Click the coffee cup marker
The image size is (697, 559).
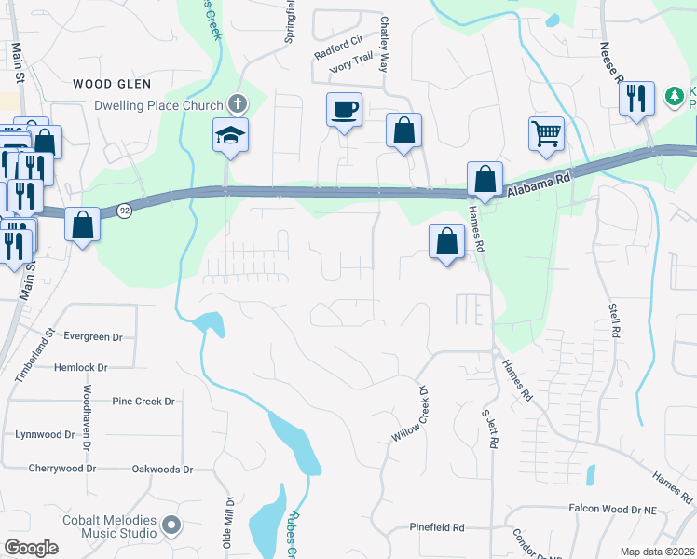point(343,111)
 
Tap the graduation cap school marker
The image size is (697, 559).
point(229,136)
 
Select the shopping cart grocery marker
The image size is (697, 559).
point(546,133)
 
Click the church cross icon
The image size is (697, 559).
point(238,104)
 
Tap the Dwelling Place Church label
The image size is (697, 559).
point(158,105)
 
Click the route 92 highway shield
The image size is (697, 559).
point(124,211)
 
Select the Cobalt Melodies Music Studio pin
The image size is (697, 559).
point(171,526)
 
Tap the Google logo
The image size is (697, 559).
point(31,547)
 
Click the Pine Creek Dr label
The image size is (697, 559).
point(143,402)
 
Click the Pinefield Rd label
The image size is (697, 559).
point(437,527)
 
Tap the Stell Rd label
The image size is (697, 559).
point(614,319)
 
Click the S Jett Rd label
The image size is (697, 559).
point(486,428)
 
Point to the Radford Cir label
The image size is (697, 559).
point(337,48)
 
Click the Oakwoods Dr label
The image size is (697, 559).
point(162,470)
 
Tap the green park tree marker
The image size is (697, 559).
point(673,96)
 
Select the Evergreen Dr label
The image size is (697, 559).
point(93,336)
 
